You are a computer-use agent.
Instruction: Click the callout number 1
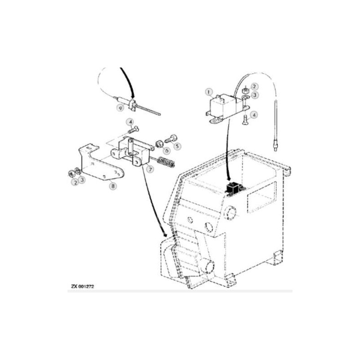(208, 92)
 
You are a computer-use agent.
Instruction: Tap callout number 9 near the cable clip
(120, 108)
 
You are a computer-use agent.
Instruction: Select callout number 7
(150, 170)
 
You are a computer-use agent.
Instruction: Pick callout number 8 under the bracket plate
(113, 186)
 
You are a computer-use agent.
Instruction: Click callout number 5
(177, 146)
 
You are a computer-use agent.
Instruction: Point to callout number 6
(167, 151)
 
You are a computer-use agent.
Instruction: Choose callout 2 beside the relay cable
(254, 86)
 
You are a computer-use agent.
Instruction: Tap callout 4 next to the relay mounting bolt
(254, 115)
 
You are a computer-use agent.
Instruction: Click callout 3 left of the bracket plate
(82, 180)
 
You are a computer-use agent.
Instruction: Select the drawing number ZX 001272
(82, 286)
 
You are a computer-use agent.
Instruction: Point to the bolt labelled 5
(171, 138)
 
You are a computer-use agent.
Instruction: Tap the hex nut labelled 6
(159, 144)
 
